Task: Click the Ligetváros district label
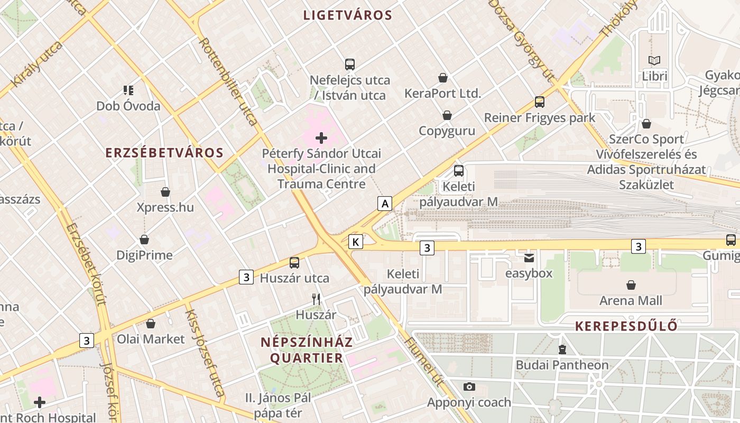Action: click(348, 15)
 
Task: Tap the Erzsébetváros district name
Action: click(164, 153)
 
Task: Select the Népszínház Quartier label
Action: click(307, 350)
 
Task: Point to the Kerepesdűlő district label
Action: click(626, 326)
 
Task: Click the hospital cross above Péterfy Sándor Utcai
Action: click(321, 139)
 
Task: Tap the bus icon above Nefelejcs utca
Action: click(349, 65)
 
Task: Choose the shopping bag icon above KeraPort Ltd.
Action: click(443, 78)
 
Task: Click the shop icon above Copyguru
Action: click(447, 115)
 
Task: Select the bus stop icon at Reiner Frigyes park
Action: click(540, 102)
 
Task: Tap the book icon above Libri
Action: click(654, 61)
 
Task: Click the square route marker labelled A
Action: click(385, 203)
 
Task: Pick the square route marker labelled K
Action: click(356, 242)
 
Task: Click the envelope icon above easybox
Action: click(529, 258)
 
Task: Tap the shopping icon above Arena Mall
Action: click(631, 286)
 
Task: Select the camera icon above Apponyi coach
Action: click(469, 387)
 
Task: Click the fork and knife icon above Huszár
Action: click(316, 299)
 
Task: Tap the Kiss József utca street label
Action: click(204, 353)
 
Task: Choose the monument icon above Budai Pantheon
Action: click(562, 350)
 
